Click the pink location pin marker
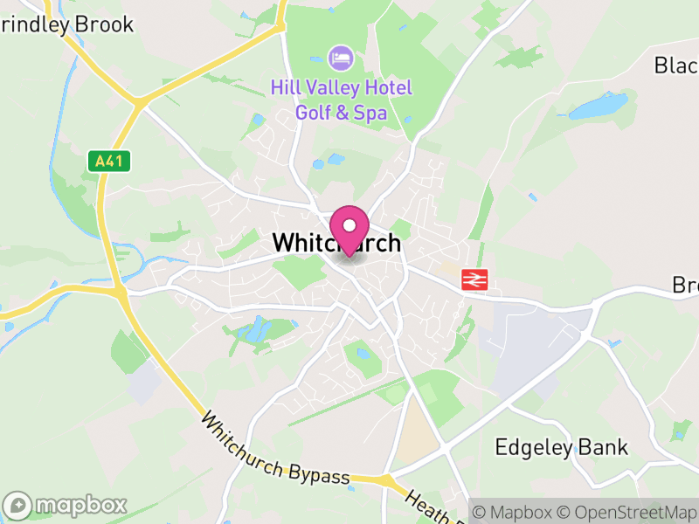pos(349,229)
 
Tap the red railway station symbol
pos(474,279)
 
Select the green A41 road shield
pos(109,161)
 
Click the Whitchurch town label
pos(336,243)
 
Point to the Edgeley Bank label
pos(561,448)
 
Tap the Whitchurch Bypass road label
pos(275,447)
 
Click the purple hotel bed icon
pos(341,59)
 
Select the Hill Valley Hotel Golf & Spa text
pos(341,100)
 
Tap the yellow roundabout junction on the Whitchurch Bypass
pos(384,479)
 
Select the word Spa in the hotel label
pos(370,113)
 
